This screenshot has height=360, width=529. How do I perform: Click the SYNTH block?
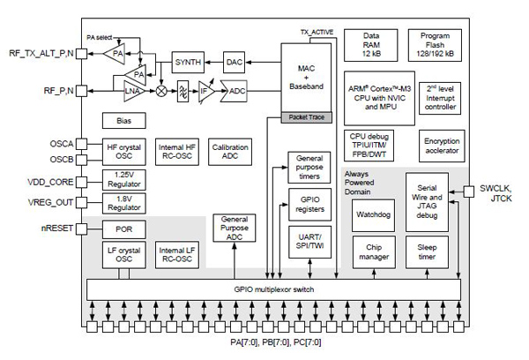click(188, 62)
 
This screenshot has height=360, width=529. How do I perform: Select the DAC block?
click(234, 62)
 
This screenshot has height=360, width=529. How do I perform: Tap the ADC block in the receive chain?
click(237, 91)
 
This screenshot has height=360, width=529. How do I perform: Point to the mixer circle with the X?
click(161, 91)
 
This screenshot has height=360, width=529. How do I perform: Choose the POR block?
click(123, 229)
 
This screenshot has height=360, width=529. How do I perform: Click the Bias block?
click(123, 119)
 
